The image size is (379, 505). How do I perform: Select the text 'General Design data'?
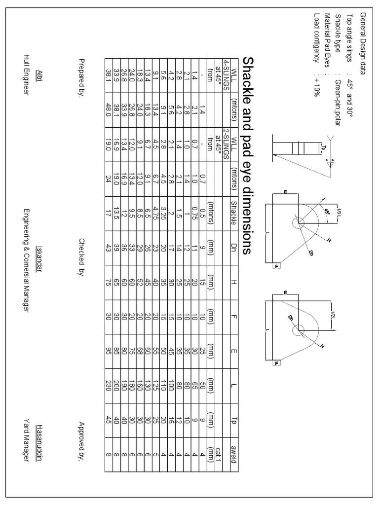point(363,43)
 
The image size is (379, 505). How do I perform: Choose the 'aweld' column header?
point(233,451)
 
